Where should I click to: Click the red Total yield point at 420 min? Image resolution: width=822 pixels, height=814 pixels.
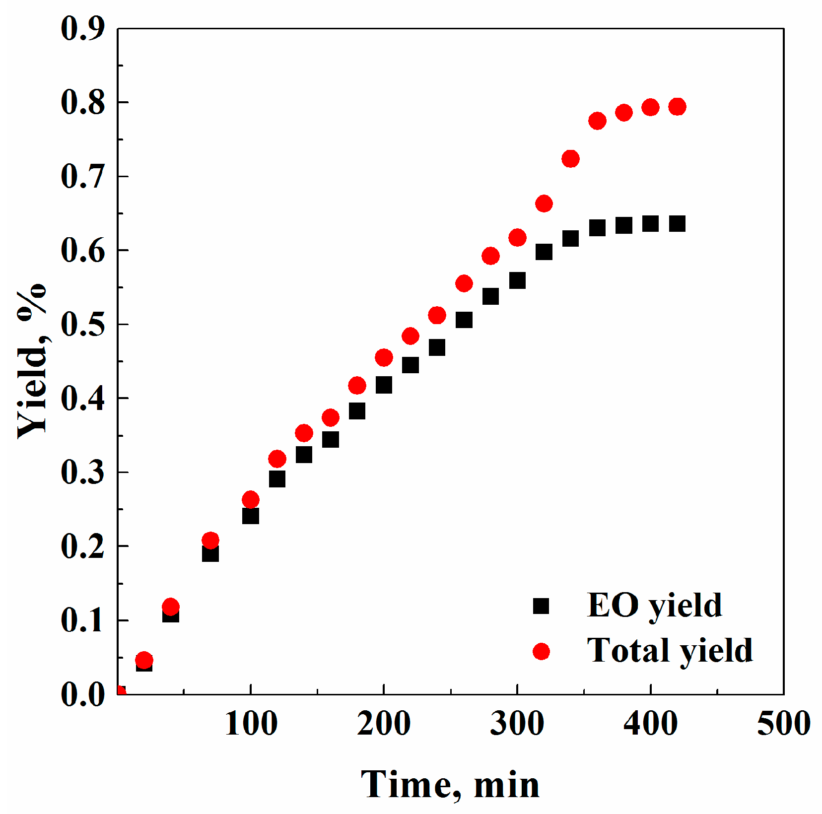click(x=677, y=107)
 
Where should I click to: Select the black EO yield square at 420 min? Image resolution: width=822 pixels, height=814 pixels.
click(x=677, y=224)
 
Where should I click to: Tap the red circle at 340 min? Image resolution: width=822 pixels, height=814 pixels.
click(x=570, y=159)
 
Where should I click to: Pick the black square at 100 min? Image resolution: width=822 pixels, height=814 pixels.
click(x=251, y=516)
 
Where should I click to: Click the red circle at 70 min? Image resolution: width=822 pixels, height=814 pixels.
click(x=210, y=540)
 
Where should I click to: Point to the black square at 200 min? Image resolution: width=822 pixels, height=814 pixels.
click(x=384, y=385)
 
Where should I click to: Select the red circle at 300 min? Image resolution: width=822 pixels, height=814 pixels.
click(x=517, y=238)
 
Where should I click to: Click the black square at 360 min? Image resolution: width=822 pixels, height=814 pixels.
click(x=597, y=228)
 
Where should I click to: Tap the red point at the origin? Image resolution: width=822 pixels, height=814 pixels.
click(x=119, y=692)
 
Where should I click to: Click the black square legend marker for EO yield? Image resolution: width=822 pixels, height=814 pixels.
click(x=541, y=606)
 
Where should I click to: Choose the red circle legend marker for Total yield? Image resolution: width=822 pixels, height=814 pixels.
click(x=541, y=651)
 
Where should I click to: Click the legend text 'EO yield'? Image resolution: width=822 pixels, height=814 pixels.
click(x=654, y=606)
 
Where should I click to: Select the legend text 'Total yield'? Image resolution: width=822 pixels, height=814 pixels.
click(x=670, y=651)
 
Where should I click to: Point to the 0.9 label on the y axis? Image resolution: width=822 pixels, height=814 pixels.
click(x=83, y=29)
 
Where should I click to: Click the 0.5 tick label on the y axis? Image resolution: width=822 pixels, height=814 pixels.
click(x=83, y=325)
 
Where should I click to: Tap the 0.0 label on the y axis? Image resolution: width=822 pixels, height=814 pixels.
click(x=83, y=694)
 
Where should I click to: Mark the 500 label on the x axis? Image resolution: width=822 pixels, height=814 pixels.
click(x=783, y=724)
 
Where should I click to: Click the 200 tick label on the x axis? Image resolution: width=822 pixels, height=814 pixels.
click(x=384, y=724)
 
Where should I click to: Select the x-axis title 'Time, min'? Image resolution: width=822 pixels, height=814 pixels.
click(x=450, y=785)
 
